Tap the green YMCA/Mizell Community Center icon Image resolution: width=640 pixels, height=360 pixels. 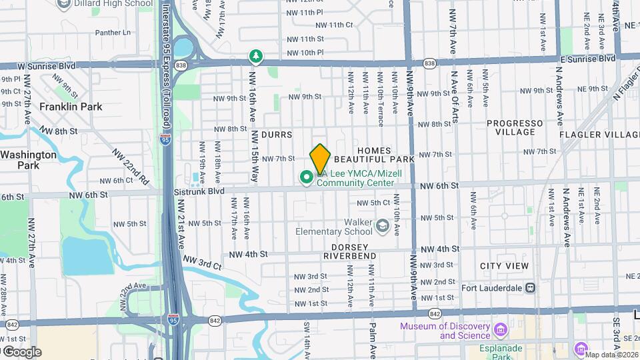[x=307, y=177]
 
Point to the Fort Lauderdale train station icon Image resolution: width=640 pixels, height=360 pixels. [x=530, y=288]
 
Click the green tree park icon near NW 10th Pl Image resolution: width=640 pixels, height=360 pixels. [x=254, y=55]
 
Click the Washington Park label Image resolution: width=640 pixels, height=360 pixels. [x=28, y=159]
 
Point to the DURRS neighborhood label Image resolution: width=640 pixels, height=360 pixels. [x=276, y=135]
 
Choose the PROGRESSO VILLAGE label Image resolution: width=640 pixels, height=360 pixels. [x=515, y=127]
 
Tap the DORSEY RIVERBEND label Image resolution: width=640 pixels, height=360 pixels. [x=351, y=256]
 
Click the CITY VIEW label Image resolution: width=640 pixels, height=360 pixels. [x=504, y=266]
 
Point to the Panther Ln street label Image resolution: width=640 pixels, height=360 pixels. [x=113, y=32]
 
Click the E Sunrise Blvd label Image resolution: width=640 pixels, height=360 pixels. [x=587, y=59]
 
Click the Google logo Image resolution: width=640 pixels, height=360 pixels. [x=21, y=351]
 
